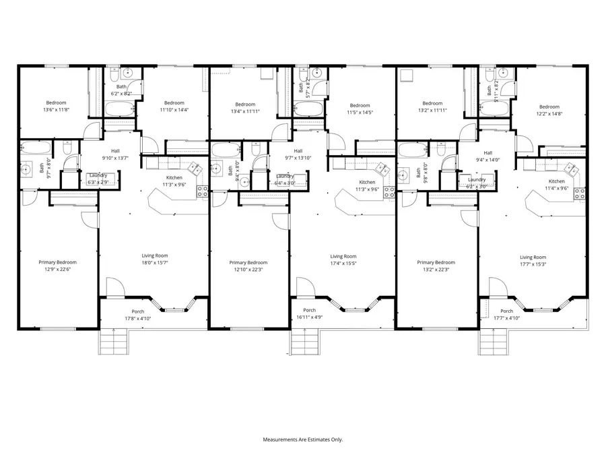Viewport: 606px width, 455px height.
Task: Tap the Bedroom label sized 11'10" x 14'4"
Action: pos(174,106)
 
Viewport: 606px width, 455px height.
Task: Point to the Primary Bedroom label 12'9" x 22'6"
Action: pos(57,266)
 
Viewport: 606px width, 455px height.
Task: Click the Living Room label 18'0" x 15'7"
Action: pos(154,259)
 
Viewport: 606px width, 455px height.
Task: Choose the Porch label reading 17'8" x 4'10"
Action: pos(138,315)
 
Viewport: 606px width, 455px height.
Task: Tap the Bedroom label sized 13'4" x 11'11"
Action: pos(245,108)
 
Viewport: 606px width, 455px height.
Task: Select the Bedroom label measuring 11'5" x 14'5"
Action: pos(360,109)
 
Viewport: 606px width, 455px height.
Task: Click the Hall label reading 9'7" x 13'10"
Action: pos(298,154)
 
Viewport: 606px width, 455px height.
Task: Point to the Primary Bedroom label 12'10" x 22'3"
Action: pos(248,266)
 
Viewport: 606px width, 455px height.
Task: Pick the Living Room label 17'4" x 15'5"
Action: pos(343,260)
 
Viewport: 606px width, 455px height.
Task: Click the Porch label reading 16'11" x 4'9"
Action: pos(308,313)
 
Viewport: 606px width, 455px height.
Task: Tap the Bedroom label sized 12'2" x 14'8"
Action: pos(549,110)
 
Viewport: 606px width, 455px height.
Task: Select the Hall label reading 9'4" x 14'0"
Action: pos(487,156)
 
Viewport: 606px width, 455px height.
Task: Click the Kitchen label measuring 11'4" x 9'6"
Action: pos(556,185)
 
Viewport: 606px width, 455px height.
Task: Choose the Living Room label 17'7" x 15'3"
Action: pos(533,260)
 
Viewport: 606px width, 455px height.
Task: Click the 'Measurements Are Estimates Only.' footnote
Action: pos(302,439)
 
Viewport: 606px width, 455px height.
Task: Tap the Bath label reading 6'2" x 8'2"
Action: pos(121,90)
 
